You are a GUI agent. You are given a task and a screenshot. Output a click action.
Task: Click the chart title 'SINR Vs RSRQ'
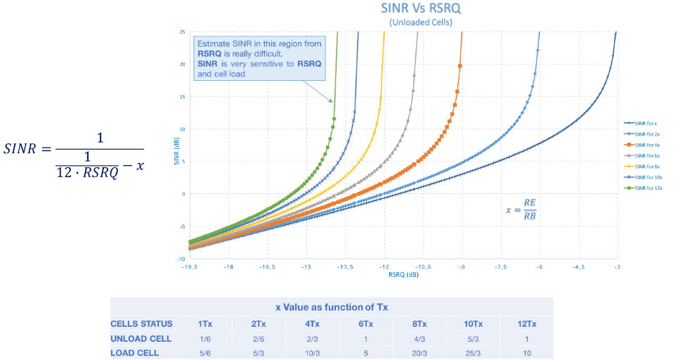point(420,9)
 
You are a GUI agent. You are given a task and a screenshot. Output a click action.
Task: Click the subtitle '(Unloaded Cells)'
point(420,22)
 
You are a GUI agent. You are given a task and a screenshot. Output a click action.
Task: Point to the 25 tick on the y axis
point(182,32)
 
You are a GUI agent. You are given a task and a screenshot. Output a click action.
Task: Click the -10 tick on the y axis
point(181,259)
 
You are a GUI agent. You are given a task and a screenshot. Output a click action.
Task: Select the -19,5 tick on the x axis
point(188,268)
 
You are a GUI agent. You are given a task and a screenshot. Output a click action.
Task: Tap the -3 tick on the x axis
point(617,268)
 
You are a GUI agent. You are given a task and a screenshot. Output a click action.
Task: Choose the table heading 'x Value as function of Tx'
point(331,307)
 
